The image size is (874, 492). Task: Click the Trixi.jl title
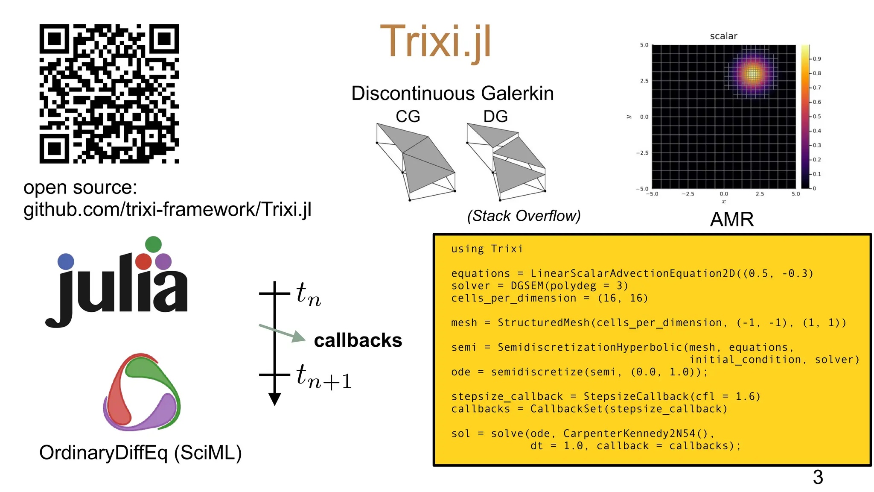[x=435, y=42]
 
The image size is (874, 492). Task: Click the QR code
[x=109, y=94]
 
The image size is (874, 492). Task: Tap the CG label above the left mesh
[x=408, y=116]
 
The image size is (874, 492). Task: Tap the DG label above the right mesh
[x=495, y=116]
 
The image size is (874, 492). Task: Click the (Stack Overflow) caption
[x=524, y=216]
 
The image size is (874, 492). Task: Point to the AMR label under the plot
[x=731, y=220]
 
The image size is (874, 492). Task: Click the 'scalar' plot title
[x=723, y=36]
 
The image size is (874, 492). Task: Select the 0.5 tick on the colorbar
[x=816, y=117]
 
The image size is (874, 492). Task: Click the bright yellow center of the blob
[x=753, y=74]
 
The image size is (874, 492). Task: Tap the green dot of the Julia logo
[x=153, y=244]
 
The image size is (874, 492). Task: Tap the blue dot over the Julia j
[x=66, y=261]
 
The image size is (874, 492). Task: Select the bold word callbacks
[x=358, y=340]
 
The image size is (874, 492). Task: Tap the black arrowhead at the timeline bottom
[x=274, y=399]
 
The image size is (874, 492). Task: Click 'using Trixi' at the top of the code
[x=487, y=249]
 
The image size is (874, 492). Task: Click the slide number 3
[x=818, y=477]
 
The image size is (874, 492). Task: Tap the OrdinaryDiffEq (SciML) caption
[x=140, y=453]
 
